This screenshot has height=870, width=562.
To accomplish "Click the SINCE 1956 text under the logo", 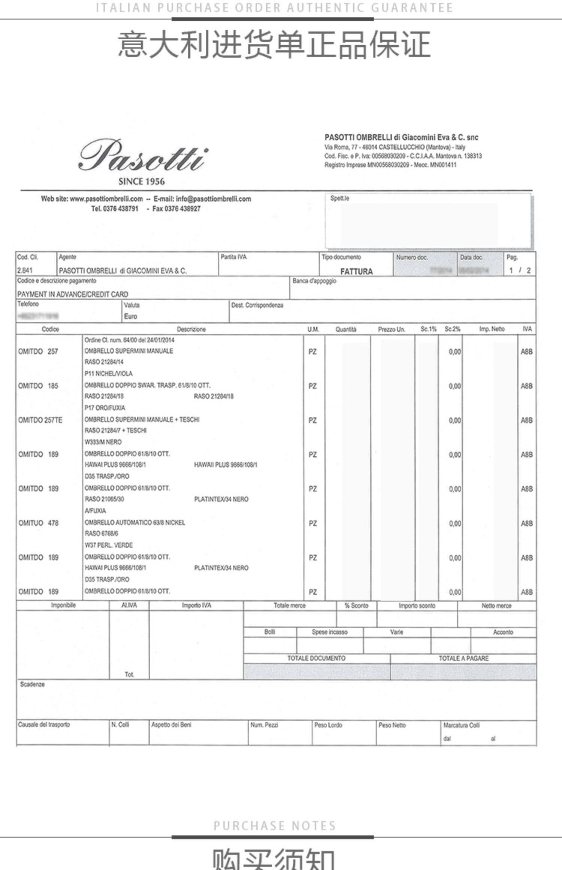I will tap(141, 182).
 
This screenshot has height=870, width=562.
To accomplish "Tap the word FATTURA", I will tap(356, 271).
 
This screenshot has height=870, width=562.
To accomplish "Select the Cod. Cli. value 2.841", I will tap(25, 270).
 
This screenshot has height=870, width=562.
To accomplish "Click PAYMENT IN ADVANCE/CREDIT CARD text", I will tap(73, 294).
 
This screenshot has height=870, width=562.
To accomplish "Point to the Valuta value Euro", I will tap(130, 317).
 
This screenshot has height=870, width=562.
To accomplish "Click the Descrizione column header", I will tap(191, 329).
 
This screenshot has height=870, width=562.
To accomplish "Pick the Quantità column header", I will tap(345, 329).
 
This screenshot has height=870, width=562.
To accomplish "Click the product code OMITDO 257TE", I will tap(40, 420).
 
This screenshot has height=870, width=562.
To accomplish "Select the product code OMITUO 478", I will tap(38, 523).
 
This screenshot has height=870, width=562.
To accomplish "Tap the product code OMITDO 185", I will tap(38, 386).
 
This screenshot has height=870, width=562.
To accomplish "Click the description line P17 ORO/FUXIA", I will tap(105, 408).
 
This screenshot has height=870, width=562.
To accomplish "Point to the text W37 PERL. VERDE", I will tap(109, 545).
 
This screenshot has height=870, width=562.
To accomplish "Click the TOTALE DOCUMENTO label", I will tap(316, 658).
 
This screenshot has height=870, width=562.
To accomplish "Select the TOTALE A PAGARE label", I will tap(463, 658).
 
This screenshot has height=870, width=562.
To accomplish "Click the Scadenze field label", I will tap(32, 685).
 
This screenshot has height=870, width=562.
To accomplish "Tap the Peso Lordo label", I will tap(328, 725).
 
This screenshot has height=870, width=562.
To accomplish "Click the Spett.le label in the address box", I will tap(339, 198).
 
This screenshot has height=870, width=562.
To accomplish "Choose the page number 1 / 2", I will tap(520, 271).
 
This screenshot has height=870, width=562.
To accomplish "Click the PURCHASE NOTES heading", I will tap(275, 826).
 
